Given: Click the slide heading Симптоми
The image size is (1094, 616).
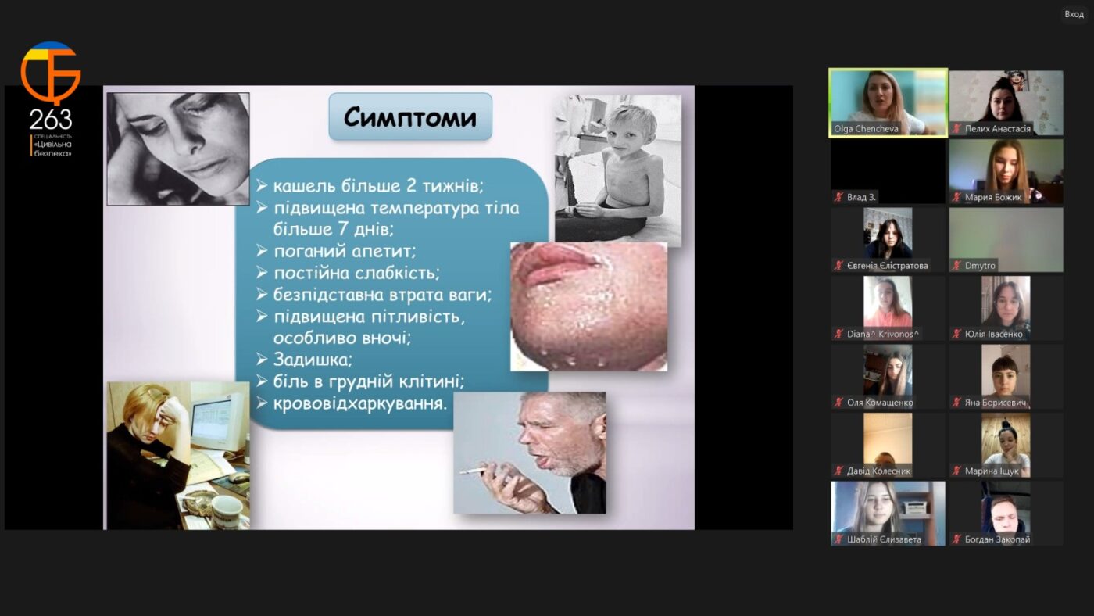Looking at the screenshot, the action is pyautogui.click(x=410, y=117).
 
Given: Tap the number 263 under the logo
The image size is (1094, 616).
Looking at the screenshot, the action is pyautogui.click(x=50, y=119).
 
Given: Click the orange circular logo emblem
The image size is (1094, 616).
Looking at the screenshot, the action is pyautogui.click(x=50, y=72).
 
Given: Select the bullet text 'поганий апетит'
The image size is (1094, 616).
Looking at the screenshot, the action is pyautogui.click(x=345, y=251).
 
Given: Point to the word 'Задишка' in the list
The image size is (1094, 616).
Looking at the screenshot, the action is pyautogui.click(x=313, y=360).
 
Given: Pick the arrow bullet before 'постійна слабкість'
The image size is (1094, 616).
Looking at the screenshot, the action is pyautogui.click(x=263, y=273).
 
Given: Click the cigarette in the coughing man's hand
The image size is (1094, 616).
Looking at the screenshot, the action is pyautogui.click(x=474, y=471).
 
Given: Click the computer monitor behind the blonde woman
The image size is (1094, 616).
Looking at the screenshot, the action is pyautogui.click(x=217, y=420).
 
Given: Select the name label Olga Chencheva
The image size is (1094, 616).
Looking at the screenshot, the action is pyautogui.click(x=866, y=129).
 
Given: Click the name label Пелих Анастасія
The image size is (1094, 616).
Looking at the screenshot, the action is pyautogui.click(x=997, y=129).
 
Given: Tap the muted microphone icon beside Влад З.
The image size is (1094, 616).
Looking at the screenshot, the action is pyautogui.click(x=838, y=197).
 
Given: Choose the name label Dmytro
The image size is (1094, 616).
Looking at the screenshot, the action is pyautogui.click(x=980, y=266).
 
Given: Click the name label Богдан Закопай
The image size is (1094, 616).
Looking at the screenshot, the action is pyautogui.click(x=997, y=539).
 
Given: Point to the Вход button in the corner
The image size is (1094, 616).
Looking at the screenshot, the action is pyautogui.click(x=1074, y=14).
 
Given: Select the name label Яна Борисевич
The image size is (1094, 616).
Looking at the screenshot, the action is pyautogui.click(x=996, y=403).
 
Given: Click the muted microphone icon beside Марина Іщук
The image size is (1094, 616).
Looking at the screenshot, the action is pyautogui.click(x=956, y=471).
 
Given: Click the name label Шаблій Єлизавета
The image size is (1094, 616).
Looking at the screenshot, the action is pyautogui.click(x=884, y=539).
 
